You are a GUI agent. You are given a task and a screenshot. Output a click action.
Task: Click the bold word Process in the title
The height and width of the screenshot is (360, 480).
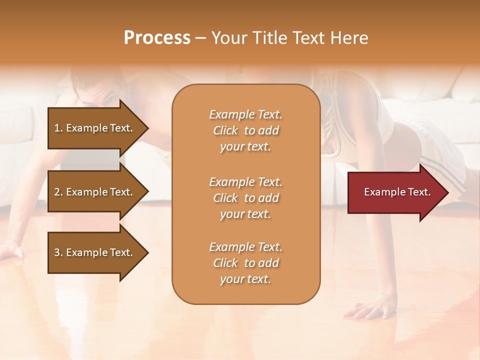click(x=157, y=37)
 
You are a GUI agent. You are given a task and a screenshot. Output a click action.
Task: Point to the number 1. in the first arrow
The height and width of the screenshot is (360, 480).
click(x=58, y=128)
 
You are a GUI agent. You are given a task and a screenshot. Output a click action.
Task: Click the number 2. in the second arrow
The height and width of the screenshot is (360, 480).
click(x=58, y=192)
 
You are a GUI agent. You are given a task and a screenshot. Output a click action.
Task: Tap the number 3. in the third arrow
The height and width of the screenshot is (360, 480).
click(x=58, y=252)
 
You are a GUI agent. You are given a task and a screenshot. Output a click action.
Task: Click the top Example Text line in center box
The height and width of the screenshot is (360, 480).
click(x=245, y=114)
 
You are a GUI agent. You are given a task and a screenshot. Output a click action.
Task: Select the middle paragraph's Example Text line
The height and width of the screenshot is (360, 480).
click(x=245, y=182)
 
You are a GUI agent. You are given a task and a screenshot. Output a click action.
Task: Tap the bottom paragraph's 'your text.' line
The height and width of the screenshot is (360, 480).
click(x=245, y=279)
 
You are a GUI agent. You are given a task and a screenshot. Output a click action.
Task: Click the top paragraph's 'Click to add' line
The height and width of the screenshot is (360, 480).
click(x=245, y=130)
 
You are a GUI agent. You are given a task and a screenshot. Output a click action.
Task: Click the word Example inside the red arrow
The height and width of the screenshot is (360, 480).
click(x=382, y=192)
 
